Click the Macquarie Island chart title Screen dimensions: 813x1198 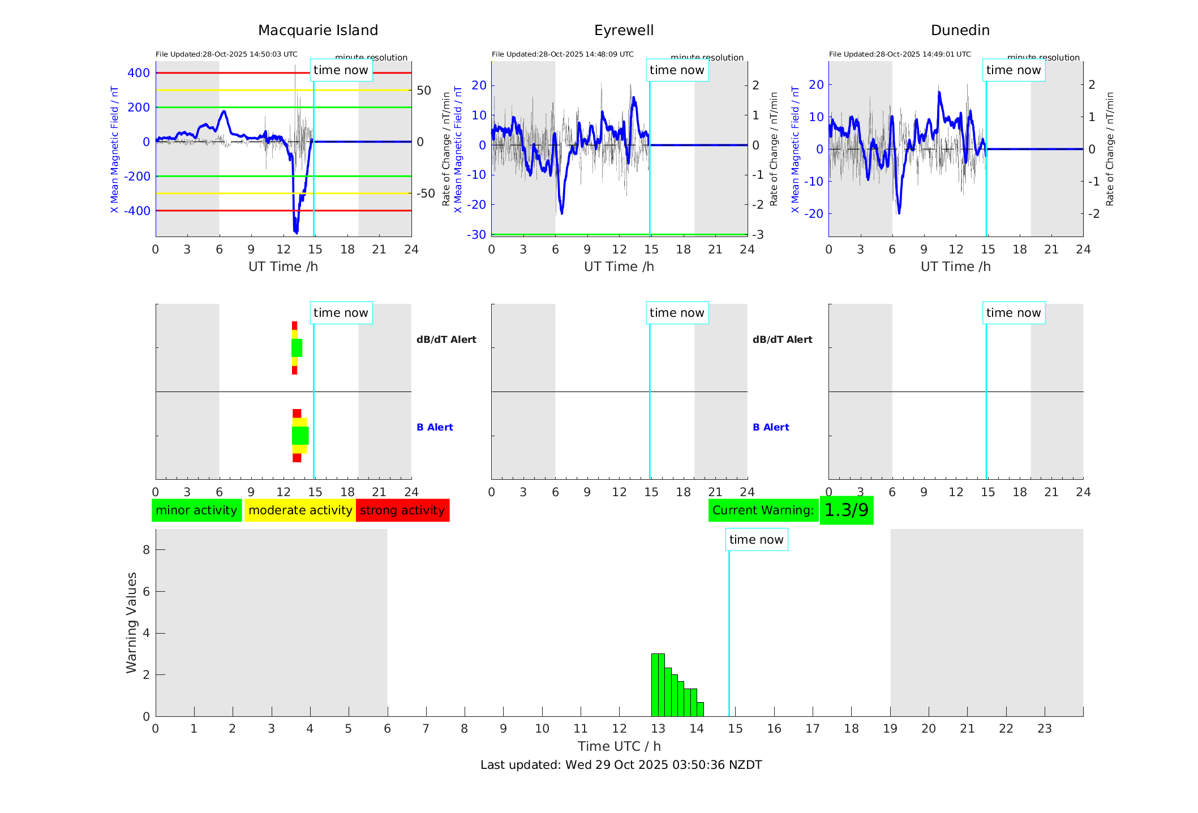coord(317,31)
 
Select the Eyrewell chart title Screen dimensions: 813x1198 coord(624,31)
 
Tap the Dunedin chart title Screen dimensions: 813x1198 coord(960,31)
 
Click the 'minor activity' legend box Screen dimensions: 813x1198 coord(196,510)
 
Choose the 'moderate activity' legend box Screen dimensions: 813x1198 coord(300,510)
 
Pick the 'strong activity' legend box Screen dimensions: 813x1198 coord(402,510)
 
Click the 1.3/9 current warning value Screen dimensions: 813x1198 coord(846,510)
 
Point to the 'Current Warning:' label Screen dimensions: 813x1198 coord(763,510)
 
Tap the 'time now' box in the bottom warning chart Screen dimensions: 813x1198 coord(756,540)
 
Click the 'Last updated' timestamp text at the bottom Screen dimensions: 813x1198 coord(621,765)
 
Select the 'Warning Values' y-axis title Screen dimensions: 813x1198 coord(131,622)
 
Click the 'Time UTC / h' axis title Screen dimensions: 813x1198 coord(619,746)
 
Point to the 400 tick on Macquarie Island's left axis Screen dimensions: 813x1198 coord(139,73)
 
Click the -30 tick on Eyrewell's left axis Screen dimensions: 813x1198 coord(476,235)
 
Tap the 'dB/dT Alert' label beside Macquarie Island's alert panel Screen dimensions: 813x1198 coord(446,339)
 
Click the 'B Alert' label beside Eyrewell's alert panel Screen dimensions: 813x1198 coord(771,427)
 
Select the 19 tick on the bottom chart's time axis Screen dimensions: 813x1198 coord(890,729)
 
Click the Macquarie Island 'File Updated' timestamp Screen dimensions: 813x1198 coord(226,54)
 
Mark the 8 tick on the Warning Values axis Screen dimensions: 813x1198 coord(146,550)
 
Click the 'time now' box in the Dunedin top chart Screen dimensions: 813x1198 coord(1013,70)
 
